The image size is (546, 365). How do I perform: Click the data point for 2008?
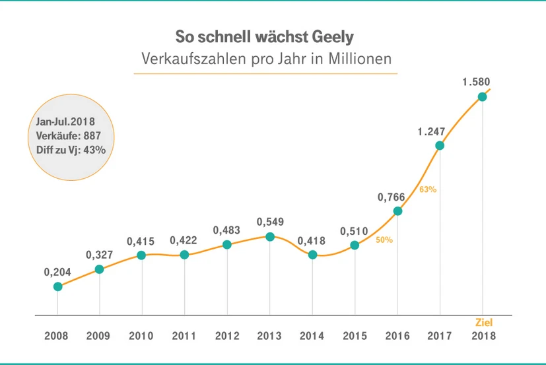pyautogui.click(x=58, y=286)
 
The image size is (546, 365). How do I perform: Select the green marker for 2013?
pyautogui.click(x=269, y=236)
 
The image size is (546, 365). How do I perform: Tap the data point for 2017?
pyautogui.click(x=440, y=145)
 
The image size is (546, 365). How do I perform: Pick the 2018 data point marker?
pyautogui.click(x=482, y=96)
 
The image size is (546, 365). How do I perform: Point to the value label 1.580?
pyautogui.click(x=476, y=83)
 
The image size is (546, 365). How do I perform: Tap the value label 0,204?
pyautogui.click(x=57, y=271)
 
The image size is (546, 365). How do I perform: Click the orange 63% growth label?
pyautogui.click(x=428, y=189)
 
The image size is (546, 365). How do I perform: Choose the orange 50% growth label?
pyautogui.click(x=384, y=240)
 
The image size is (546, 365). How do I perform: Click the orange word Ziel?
pyautogui.click(x=484, y=323)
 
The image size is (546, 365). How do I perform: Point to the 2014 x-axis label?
pyautogui.click(x=312, y=336)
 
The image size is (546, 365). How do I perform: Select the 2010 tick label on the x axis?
pyautogui.click(x=142, y=336)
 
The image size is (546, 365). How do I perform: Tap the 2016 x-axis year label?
pyautogui.click(x=397, y=336)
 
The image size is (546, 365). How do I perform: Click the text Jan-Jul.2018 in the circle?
pyautogui.click(x=64, y=122)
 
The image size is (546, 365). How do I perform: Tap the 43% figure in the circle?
pyautogui.click(x=95, y=150)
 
